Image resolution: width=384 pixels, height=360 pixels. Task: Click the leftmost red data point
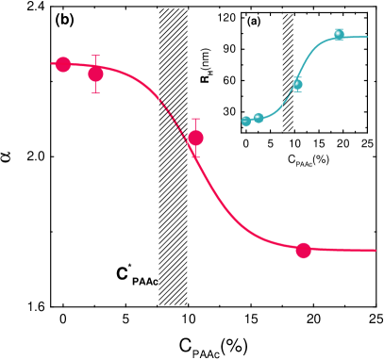63,64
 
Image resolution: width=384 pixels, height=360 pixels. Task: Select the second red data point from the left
95,74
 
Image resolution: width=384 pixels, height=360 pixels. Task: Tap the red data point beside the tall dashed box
195,138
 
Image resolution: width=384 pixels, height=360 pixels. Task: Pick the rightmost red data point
303,250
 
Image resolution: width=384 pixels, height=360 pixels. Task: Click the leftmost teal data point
246,121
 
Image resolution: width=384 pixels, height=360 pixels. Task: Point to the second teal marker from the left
259,118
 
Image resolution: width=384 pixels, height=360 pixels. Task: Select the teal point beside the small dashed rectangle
297,85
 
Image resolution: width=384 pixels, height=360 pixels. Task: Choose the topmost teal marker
339,35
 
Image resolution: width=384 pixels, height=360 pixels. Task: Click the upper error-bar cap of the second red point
95,56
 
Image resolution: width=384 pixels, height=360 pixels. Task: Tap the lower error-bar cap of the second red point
95,93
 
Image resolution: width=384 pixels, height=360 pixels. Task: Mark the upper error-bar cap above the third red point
195,119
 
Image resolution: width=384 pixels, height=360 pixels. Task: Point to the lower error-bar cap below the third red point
195,156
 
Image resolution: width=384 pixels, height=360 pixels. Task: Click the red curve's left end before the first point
54,64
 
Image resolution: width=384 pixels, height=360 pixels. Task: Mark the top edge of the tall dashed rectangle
173,8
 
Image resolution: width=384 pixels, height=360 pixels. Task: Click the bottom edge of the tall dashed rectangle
173,305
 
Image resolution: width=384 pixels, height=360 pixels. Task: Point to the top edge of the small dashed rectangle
288,14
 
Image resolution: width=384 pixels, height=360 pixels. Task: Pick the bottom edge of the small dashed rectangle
288,131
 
